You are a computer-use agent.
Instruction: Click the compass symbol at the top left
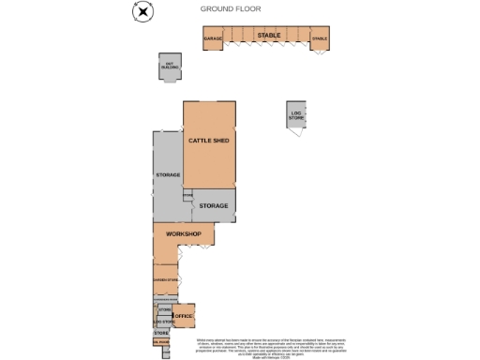click(140, 10)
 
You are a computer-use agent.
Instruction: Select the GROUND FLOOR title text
click(231, 8)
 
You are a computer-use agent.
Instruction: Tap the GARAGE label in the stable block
click(213, 39)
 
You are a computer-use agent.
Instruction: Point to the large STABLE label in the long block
click(269, 35)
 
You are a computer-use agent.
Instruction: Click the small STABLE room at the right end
click(320, 39)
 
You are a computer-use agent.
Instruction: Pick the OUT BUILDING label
click(170, 67)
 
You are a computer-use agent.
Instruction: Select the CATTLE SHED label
click(209, 141)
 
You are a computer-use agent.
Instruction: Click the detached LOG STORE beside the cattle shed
click(296, 117)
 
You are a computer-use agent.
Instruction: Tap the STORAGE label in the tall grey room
click(168, 175)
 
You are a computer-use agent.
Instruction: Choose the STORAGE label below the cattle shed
click(214, 205)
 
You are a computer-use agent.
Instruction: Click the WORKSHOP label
click(184, 232)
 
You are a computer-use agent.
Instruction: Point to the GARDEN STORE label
click(165, 278)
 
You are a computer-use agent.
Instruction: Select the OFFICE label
click(184, 317)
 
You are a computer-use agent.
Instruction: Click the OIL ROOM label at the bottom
click(160, 343)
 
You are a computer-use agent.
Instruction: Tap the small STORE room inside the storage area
click(187, 195)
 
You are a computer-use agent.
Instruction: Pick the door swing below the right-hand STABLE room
click(320, 52)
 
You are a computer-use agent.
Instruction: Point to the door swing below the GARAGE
click(212, 52)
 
